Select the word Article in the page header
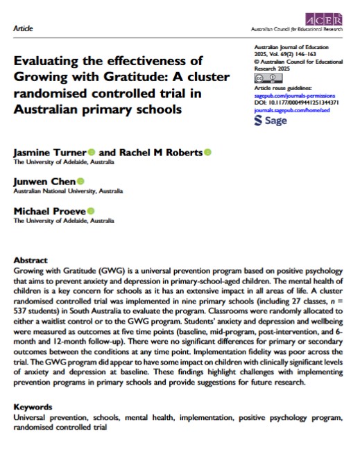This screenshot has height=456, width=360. click(x=23, y=29)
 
